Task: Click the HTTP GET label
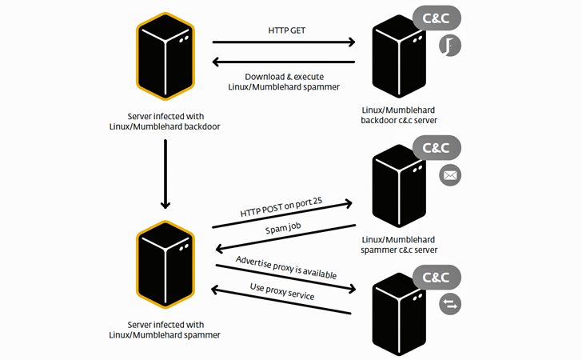[287, 30]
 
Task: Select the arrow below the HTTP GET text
[284, 42]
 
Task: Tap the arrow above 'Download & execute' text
[284, 62]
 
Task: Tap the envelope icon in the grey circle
[450, 175]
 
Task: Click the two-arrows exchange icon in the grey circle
[450, 303]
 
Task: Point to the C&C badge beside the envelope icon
[436, 149]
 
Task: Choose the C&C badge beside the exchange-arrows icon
[436, 278]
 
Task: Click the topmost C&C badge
[436, 17]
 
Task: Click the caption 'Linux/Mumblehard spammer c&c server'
[399, 244]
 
